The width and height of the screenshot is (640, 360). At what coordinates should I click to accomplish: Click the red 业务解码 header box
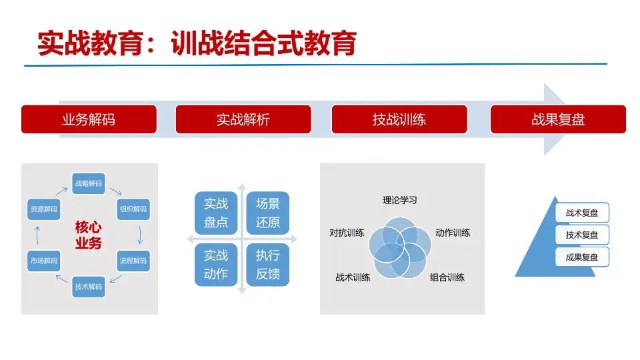point(89,119)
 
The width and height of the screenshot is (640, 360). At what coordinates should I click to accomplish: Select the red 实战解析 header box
point(243,119)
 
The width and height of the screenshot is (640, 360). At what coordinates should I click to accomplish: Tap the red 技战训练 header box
point(399,119)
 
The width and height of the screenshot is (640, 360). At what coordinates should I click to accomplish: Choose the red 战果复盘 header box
point(558,119)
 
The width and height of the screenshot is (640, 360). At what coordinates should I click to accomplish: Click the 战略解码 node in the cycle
point(89,183)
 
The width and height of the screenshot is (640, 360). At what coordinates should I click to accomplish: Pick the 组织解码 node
point(133,209)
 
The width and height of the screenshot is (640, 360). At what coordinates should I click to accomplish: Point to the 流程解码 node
point(133,261)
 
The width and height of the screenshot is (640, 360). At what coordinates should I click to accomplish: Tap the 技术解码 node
point(89,287)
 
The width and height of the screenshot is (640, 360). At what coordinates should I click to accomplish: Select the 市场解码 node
point(44,261)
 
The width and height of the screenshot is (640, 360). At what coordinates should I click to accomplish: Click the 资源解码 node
point(44,209)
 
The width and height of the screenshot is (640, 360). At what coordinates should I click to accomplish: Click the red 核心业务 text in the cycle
point(88,235)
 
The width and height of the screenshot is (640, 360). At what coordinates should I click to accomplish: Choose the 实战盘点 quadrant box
point(216,213)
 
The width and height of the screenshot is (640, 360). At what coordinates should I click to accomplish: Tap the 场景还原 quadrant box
point(268,213)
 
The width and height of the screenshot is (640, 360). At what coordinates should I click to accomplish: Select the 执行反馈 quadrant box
point(268,265)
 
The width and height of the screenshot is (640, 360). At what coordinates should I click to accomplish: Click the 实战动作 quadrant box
point(216,265)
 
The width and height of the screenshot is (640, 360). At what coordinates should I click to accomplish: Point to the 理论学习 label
point(399,200)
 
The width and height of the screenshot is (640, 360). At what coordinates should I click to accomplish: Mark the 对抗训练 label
point(347,233)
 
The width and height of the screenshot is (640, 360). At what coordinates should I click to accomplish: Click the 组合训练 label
point(447,277)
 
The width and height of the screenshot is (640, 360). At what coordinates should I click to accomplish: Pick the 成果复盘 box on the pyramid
point(582,257)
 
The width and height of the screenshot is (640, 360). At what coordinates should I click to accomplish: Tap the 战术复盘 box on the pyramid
point(582,213)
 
